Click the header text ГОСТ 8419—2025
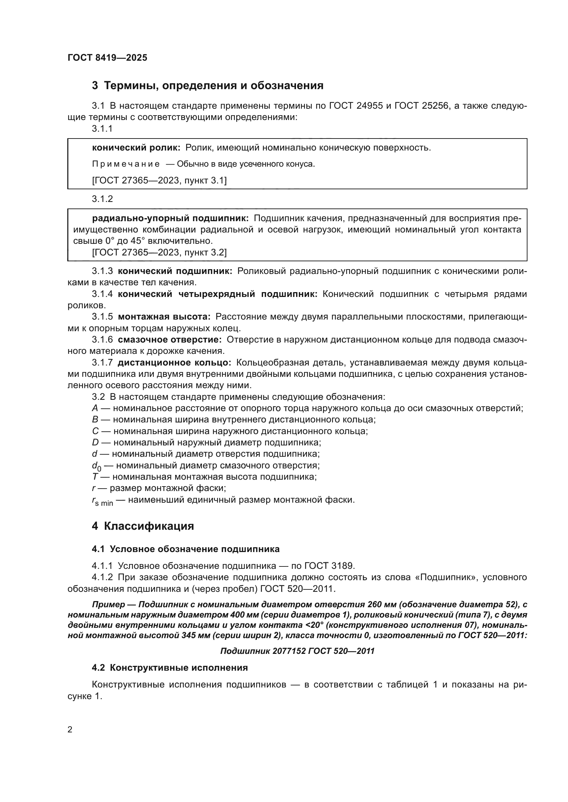coord(107,58)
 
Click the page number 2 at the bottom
coord(70,729)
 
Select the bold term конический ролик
coord(136,148)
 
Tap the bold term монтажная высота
coord(164,317)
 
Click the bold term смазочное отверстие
coord(170,339)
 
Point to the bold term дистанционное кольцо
coord(174,362)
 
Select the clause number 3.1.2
coord(102,199)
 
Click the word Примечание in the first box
coord(126,164)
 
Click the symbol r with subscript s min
coord(102,501)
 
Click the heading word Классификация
coord(149,526)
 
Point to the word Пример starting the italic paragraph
coord(108,605)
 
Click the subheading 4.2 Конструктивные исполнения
coord(170,668)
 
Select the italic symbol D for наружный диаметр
coord(95,443)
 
